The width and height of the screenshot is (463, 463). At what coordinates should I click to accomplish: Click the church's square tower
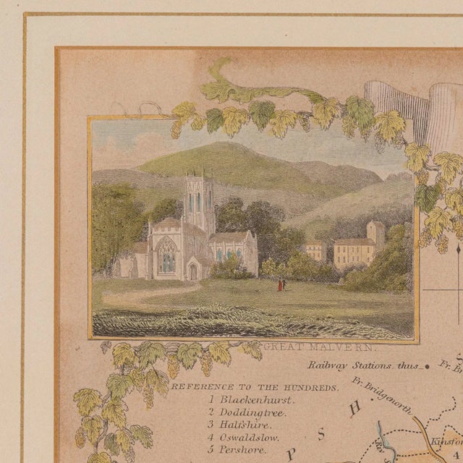pos(197,197)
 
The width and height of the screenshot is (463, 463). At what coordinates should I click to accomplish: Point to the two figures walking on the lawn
pos(280,285)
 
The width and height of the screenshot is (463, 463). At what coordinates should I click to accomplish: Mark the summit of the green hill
pos(230,145)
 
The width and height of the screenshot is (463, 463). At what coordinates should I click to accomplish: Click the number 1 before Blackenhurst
pos(211,399)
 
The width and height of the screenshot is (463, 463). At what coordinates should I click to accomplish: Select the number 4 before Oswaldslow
pos(211,438)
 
